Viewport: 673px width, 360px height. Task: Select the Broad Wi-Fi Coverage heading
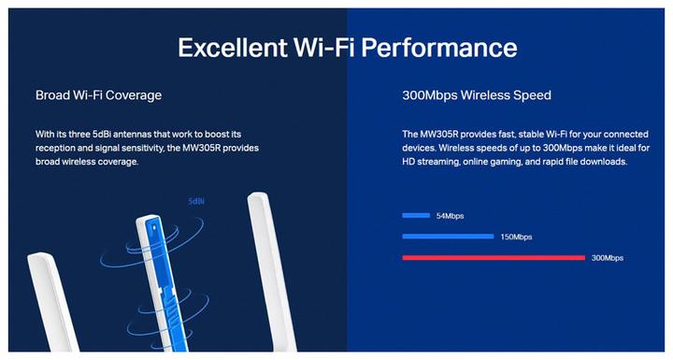coord(98,95)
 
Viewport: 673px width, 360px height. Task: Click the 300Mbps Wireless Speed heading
coord(476,95)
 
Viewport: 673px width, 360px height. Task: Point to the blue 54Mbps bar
coord(416,215)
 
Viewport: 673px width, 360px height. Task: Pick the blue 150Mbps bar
coord(447,237)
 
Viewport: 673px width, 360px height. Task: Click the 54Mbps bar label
coord(450,216)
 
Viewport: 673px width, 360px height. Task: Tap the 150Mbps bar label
coord(515,237)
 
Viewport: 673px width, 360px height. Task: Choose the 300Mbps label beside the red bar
coord(608,257)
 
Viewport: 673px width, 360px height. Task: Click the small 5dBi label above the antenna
coord(196,201)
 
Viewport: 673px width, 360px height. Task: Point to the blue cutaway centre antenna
coord(157,271)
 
